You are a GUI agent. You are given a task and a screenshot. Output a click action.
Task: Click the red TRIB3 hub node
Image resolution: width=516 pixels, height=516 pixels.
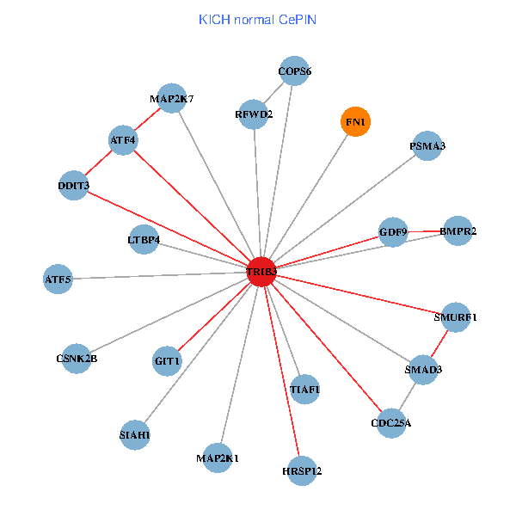[261, 272]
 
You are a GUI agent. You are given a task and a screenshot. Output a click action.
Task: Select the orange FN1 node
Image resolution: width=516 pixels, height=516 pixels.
[356, 123]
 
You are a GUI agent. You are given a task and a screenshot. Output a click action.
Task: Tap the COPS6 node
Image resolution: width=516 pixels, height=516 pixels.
[294, 71]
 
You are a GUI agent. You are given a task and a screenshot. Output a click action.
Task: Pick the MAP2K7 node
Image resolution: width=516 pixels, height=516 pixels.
[172, 98]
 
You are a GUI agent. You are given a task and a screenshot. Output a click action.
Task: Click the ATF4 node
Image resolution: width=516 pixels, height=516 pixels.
[123, 139]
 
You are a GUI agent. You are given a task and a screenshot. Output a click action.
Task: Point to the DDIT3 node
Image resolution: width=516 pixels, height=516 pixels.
[74, 186]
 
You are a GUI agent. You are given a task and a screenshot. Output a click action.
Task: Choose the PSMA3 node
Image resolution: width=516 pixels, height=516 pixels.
[427, 146]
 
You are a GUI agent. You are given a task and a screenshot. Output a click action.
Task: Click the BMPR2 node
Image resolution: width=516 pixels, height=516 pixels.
[458, 230]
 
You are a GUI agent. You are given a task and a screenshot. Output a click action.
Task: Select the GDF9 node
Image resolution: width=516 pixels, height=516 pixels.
[393, 231]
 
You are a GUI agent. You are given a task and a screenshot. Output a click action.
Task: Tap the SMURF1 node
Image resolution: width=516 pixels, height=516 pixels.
[456, 316]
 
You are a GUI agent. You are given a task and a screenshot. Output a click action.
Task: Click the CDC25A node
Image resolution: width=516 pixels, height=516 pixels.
[391, 422]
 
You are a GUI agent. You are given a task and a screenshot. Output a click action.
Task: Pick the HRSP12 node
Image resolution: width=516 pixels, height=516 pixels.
[302, 470]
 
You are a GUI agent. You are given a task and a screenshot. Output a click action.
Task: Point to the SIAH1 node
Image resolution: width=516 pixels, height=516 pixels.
[135, 435]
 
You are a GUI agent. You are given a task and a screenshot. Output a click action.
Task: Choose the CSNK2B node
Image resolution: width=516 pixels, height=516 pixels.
[77, 358]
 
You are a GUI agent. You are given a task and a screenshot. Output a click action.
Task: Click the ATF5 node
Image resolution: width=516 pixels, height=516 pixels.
[58, 279]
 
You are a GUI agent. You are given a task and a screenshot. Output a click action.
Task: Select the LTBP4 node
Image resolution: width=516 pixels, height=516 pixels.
[144, 240]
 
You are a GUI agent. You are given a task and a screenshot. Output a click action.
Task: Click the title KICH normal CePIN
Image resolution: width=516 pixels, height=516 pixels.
[257, 19]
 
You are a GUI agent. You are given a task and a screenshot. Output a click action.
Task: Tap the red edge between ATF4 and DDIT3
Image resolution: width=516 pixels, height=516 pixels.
[99, 163]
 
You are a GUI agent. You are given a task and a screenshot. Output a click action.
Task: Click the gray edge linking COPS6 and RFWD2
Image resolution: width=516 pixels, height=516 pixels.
[274, 92]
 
